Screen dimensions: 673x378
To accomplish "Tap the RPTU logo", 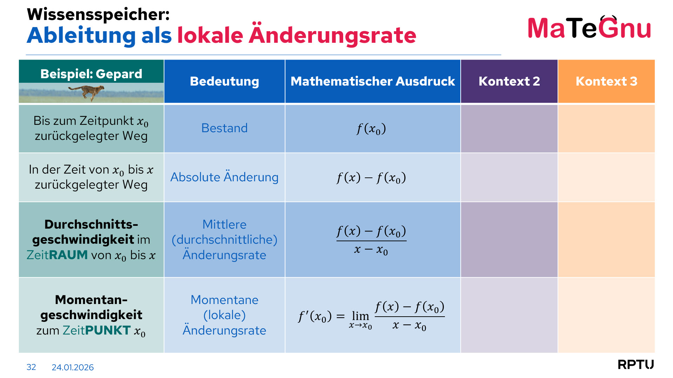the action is (636, 364).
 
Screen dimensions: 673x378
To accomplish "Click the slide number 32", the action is (31, 367).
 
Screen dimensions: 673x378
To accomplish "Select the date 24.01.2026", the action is (73, 367).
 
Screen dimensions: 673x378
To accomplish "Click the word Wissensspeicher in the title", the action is (98, 14).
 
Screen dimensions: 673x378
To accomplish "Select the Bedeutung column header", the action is (225, 81).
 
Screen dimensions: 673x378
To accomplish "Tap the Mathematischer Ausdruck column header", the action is (373, 81).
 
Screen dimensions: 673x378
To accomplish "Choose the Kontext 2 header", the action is (509, 81).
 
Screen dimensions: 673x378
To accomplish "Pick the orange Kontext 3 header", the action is (606, 81).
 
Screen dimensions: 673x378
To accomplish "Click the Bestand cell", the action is (225, 128).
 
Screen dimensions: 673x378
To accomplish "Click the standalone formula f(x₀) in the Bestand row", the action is (371, 129).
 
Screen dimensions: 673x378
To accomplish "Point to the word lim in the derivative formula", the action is (360, 316).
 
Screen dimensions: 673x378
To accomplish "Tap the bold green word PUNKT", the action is (108, 330).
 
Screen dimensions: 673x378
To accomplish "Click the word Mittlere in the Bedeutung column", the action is (225, 224).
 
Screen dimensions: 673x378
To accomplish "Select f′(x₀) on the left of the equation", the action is (315, 317).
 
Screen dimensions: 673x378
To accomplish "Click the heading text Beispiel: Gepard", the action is (91, 74).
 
